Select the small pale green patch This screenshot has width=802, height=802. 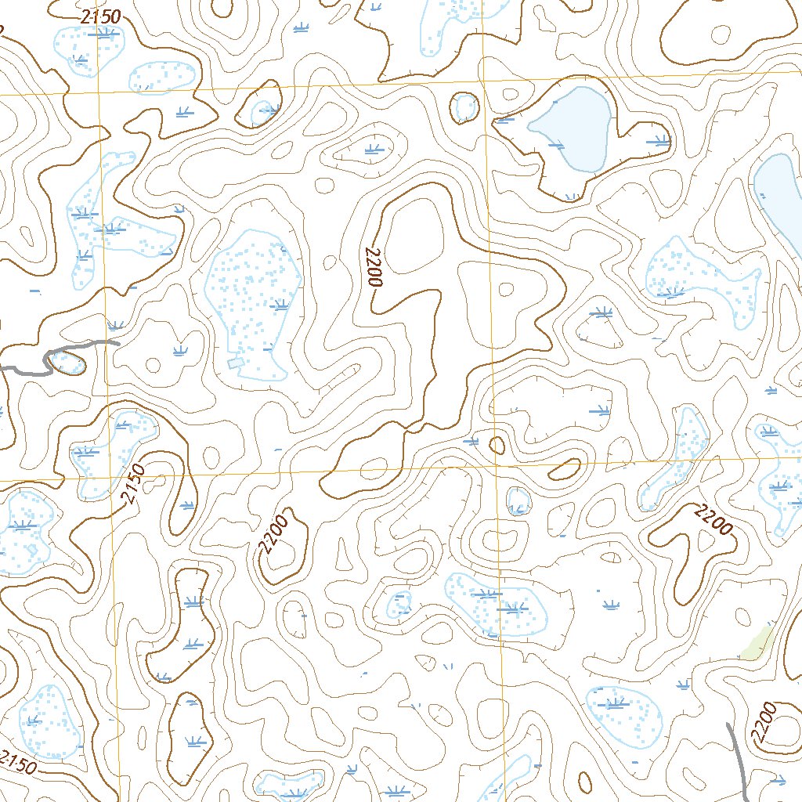756,644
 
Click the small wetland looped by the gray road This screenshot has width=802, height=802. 67,362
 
